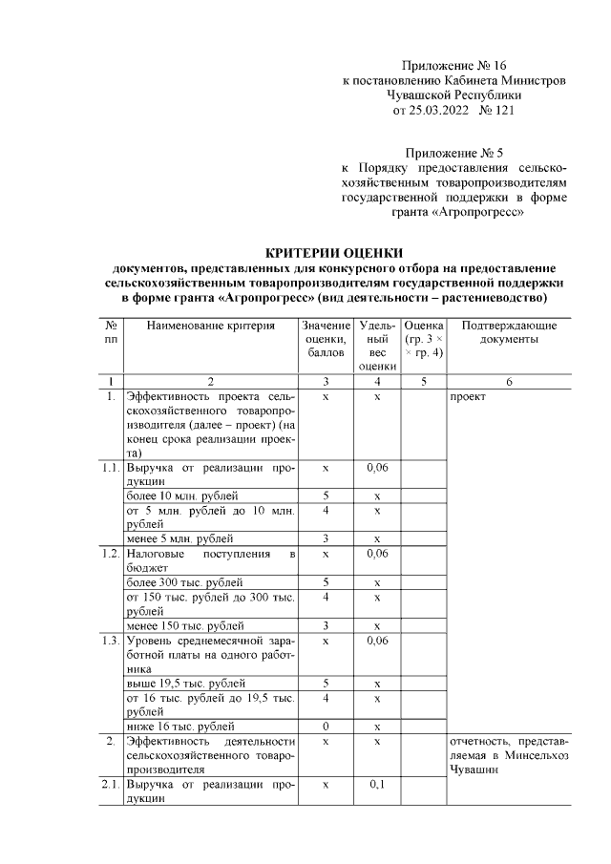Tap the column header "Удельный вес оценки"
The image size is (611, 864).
377,345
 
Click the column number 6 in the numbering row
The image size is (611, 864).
509,382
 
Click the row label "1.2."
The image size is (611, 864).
112,554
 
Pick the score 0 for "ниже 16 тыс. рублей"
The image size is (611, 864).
326,727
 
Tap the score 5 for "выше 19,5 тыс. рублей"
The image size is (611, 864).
326,684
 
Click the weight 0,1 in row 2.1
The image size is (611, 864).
377,784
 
